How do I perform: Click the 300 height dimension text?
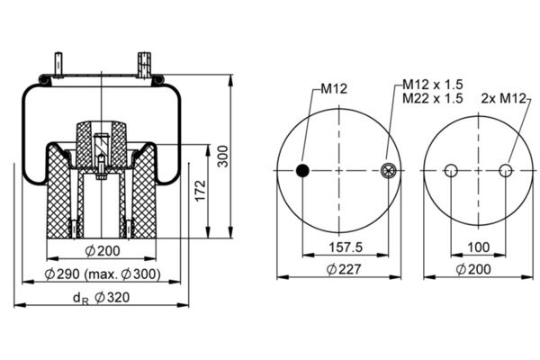point(223,156)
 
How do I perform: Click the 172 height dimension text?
point(200,191)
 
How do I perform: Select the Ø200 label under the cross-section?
point(103,251)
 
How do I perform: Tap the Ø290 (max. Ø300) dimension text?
point(103,274)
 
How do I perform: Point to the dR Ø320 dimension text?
point(101,298)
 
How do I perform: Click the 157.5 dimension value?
point(346,247)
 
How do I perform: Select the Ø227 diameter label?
point(344,269)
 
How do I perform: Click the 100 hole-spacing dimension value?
point(479,247)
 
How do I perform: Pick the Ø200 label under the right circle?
point(473,269)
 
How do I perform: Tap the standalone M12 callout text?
point(334,89)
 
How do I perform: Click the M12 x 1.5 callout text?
point(433,85)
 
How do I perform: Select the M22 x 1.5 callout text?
point(433,98)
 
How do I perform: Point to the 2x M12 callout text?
point(504,99)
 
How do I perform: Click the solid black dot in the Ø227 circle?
point(302,170)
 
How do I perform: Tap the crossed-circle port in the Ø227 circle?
point(389,170)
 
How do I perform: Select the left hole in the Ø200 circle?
point(451,170)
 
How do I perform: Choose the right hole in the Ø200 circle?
point(506,170)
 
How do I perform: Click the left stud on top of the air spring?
point(58,65)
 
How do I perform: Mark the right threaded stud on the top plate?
point(145,65)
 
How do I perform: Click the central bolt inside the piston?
point(101,167)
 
